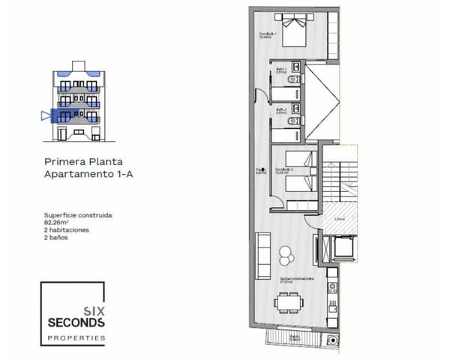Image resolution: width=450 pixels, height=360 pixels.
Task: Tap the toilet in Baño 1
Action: click(x=298, y=78)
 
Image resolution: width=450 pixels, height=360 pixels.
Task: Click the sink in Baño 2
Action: click(x=274, y=120)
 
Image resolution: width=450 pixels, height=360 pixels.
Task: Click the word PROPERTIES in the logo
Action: click(x=76, y=338)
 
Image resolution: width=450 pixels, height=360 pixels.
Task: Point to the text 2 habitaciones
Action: click(x=68, y=229)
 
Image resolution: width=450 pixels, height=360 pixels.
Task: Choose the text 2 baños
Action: click(x=57, y=237)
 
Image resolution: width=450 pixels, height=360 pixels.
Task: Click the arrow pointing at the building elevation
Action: click(x=46, y=115)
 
